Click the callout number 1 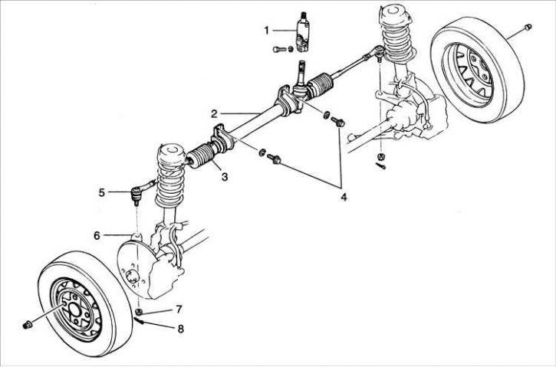pyautogui.click(x=267, y=31)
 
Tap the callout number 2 pyautogui.click(x=217, y=113)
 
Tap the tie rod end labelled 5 pyautogui.click(x=139, y=188)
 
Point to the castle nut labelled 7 pyautogui.click(x=139, y=312)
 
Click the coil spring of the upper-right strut pyautogui.click(x=398, y=42)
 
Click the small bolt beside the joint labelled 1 pyautogui.click(x=278, y=49)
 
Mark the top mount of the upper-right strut pyautogui.click(x=392, y=14)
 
